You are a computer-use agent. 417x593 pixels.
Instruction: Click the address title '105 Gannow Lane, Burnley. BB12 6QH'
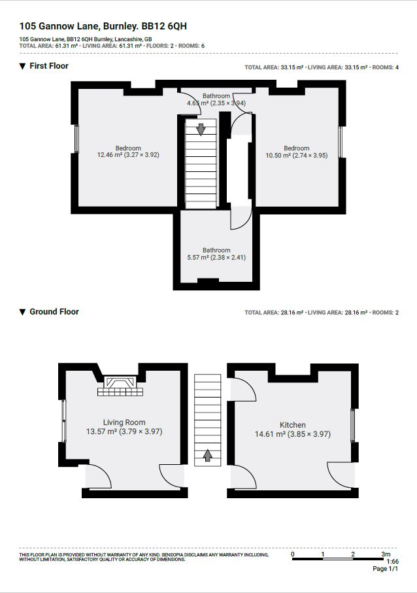pos(103,27)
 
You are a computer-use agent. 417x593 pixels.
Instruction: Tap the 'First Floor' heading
pos(48,66)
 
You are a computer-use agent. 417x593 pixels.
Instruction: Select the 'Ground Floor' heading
pos(54,312)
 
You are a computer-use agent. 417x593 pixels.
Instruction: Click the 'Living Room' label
pos(124,422)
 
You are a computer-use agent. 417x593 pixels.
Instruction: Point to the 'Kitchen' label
pos(293,425)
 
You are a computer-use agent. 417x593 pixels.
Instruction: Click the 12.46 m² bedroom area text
pos(128,156)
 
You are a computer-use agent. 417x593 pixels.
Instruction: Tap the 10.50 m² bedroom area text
pos(296,156)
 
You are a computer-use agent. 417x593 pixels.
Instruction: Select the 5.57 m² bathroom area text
pos(216,258)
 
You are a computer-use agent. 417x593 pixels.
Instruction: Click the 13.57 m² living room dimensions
pos(124,432)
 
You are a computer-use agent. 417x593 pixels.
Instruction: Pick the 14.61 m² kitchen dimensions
pos(293,434)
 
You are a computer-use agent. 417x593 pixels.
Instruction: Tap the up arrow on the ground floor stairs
pos(208,455)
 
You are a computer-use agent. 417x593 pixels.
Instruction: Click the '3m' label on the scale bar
pos(386,554)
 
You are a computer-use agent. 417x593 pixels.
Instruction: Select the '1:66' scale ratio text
pos(392,561)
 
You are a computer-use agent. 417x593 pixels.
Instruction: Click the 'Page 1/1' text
pos(385,569)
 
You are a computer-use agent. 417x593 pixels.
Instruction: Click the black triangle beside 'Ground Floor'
pos(22,312)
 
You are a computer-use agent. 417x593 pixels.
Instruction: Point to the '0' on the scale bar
pos(293,554)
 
